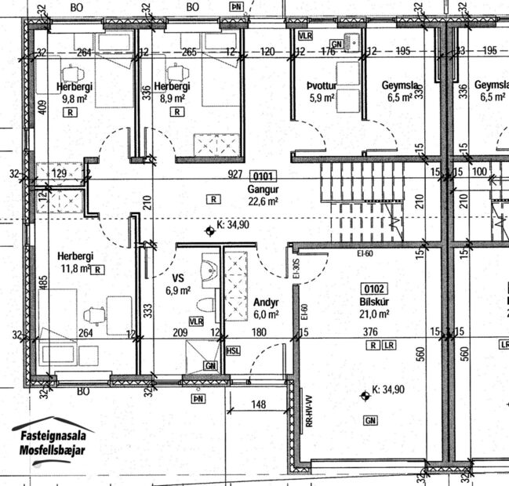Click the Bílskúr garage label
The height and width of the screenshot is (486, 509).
click(x=375, y=302)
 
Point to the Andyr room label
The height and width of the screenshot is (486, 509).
click(x=267, y=303)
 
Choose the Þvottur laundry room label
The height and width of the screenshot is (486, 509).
click(x=322, y=86)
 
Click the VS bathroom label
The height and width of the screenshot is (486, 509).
click(x=178, y=277)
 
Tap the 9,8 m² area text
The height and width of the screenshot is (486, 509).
click(x=75, y=100)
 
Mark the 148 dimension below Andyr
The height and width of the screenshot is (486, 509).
click(x=259, y=405)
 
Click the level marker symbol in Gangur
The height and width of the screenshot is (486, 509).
click(x=209, y=230)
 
